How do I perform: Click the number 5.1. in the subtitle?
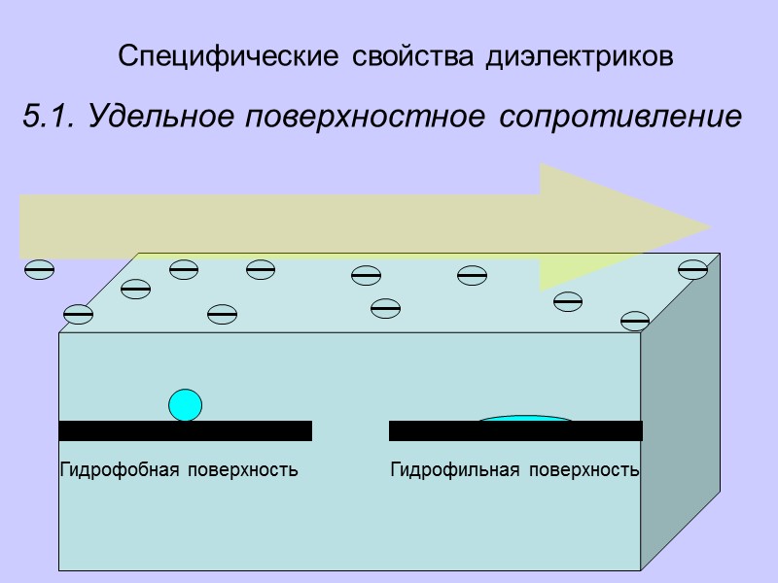click(49, 118)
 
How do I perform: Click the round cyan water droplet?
click(185, 404)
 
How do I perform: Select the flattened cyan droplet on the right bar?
click(526, 419)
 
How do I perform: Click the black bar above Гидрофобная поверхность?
click(185, 430)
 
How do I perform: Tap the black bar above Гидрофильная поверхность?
click(515, 430)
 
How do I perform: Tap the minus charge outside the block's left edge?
click(39, 270)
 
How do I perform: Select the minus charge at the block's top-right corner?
click(692, 269)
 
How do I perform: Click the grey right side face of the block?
click(680, 428)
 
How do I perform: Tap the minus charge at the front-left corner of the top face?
click(78, 314)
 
